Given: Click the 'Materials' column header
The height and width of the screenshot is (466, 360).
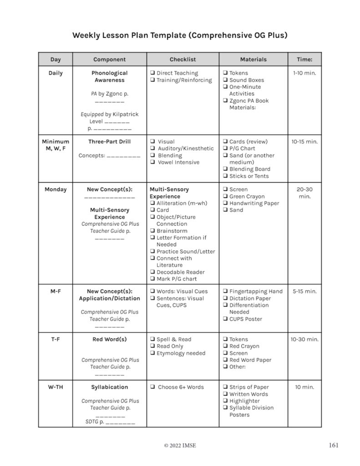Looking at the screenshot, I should (253, 59).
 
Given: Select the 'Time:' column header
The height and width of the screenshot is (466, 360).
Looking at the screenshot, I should (304, 59).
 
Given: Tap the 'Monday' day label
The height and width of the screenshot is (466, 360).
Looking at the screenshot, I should (55, 189).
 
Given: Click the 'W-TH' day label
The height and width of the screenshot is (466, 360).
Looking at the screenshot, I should (55, 387).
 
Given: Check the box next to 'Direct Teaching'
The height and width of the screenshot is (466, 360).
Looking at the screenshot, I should (152, 73).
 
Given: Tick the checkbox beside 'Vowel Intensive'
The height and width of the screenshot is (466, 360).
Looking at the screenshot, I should (153, 162).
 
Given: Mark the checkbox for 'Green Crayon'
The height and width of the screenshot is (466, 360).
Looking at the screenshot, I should (225, 197).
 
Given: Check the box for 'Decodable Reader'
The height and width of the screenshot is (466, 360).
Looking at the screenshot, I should (152, 272).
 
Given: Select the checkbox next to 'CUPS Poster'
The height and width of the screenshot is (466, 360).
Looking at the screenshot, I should (225, 319).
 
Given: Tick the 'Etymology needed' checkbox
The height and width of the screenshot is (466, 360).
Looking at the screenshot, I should (152, 353).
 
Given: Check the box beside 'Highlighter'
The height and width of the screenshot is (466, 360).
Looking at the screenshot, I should (225, 401).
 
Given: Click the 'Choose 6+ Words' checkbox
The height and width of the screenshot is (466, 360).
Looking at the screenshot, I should (153, 387).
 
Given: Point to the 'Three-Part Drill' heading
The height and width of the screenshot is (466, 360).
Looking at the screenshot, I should (109, 142).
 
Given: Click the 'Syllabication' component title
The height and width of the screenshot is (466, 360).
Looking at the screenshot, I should (109, 387).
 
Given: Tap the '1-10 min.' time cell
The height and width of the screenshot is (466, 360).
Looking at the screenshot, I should (304, 73).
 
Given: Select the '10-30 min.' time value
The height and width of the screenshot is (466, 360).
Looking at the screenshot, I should (304, 339).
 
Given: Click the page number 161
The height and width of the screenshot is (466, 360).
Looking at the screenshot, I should (333, 445).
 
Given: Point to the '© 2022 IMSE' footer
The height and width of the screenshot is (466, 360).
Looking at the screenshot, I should (180, 446).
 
